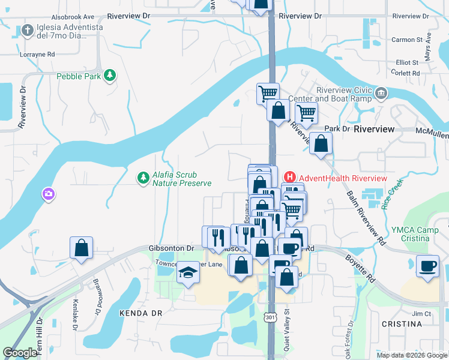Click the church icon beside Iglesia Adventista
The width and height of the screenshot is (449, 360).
[x=28, y=30]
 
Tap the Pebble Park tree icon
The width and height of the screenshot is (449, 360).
[x=110, y=76]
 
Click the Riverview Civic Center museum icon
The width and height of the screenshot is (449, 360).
[x=382, y=93]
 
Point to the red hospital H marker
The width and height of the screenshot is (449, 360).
[x=289, y=177]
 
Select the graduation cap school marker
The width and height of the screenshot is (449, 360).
[x=187, y=273]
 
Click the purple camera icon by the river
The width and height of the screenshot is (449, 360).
[x=47, y=194]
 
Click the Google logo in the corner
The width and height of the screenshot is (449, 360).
[x=20, y=353]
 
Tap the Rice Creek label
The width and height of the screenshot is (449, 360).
[x=393, y=196]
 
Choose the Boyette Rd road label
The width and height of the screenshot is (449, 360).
[x=358, y=267]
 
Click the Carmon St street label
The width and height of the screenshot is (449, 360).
[x=407, y=40]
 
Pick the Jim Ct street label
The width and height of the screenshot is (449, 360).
[x=421, y=314]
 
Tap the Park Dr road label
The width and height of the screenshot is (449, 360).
[x=337, y=128]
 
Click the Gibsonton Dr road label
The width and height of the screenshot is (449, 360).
[x=171, y=248]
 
